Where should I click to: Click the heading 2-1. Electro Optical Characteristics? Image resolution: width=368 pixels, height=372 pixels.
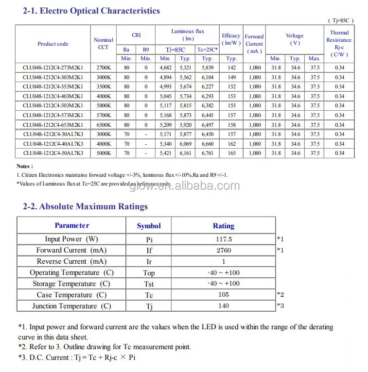(91, 11)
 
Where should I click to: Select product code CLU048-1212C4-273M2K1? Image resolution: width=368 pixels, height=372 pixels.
(53, 68)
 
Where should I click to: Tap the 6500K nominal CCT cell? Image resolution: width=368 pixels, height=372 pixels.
(104, 125)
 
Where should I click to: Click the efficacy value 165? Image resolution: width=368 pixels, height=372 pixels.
(231, 153)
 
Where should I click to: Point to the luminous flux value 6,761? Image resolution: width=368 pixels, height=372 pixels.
(207, 153)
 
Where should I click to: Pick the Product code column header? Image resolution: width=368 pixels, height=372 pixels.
(53, 44)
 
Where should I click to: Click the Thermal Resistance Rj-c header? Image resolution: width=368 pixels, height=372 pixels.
(339, 44)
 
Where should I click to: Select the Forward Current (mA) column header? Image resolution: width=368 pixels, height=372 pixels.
(254, 44)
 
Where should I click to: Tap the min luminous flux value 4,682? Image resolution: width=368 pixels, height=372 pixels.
(165, 68)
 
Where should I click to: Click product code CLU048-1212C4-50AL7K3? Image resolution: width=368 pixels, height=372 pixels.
(53, 153)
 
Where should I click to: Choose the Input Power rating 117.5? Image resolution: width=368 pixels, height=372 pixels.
(224, 239)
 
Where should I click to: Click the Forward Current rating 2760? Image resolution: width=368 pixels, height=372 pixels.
(224, 250)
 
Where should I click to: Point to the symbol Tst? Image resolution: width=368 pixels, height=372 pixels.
(149, 284)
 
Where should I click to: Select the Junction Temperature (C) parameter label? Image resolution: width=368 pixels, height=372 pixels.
(71, 306)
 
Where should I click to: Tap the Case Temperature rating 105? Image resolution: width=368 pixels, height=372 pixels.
(224, 295)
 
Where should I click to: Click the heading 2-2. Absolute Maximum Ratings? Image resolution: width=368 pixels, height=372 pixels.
(86, 206)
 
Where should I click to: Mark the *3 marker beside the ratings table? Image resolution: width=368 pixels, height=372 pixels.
(280, 306)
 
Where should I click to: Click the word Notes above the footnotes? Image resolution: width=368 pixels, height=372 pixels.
(25, 166)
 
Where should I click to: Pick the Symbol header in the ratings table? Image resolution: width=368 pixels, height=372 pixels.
(149, 226)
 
